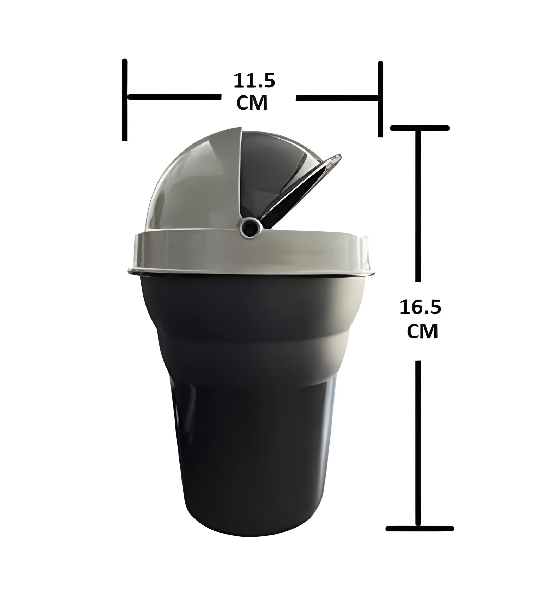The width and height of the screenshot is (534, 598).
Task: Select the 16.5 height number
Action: [420, 308]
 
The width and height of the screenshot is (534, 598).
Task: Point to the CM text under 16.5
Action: [422, 331]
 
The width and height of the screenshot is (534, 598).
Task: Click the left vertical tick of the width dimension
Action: [125, 100]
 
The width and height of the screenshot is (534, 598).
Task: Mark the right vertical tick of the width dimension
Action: [380, 99]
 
